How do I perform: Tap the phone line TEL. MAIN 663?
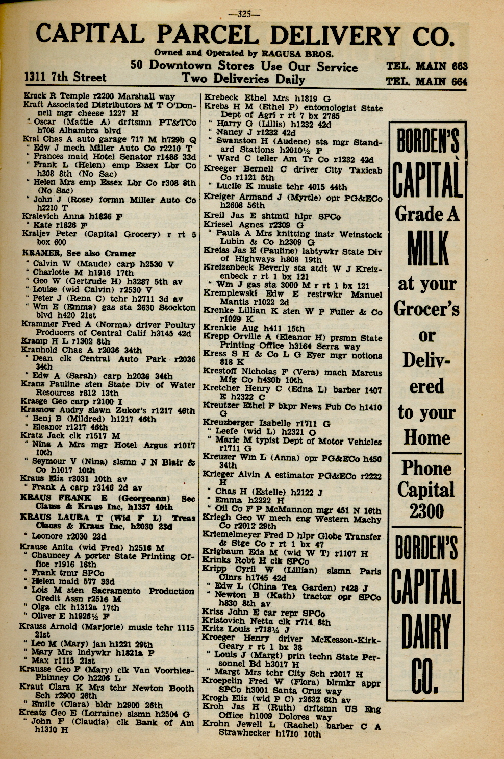[x=426, y=66]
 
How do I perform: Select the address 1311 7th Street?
[x=65, y=77]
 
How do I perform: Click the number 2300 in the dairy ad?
[x=426, y=510]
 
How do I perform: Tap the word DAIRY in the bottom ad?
[x=426, y=631]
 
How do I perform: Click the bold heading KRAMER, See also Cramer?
[x=79, y=253]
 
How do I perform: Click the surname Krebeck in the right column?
[x=222, y=97]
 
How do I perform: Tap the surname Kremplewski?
[x=228, y=294]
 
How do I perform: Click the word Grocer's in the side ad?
[x=426, y=309]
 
